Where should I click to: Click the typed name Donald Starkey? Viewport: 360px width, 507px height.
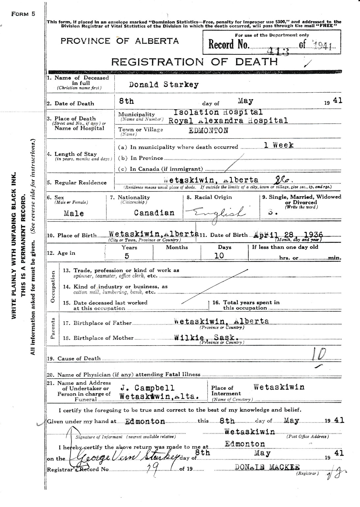(164, 85)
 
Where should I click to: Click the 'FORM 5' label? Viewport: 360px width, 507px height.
(23, 14)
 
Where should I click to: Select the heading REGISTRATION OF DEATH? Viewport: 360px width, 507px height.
(195, 62)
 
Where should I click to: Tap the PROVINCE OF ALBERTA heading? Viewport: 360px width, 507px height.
(120, 41)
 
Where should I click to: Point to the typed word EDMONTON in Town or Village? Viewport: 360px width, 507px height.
(208, 130)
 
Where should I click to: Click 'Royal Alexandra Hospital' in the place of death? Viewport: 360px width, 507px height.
(228, 121)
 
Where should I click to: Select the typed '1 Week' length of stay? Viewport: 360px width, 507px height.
(279, 145)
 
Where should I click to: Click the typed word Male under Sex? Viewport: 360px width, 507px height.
(74, 213)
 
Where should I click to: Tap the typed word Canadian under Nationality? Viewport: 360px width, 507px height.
(154, 213)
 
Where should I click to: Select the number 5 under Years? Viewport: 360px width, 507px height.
(127, 256)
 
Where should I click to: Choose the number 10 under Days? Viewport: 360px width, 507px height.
(219, 256)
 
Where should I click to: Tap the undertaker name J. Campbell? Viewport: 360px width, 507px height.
(147, 388)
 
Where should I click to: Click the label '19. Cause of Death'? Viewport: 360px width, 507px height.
(74, 358)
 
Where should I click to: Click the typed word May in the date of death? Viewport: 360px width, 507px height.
(246, 101)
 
